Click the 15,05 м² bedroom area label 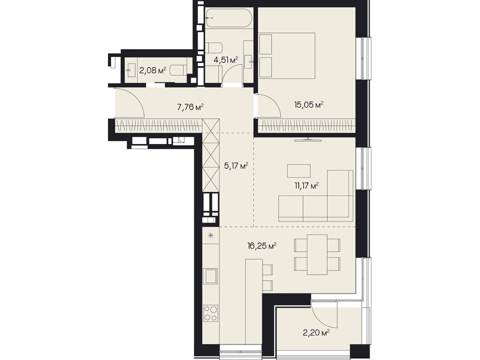(309, 105)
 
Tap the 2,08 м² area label (153, 70)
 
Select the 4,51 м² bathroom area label (226, 60)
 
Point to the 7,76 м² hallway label (190, 107)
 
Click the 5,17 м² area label (236, 166)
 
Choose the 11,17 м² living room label (307, 186)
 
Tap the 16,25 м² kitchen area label (262, 246)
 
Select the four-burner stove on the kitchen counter (211, 313)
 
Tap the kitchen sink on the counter (210, 276)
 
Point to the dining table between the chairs (317, 254)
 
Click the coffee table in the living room (299, 171)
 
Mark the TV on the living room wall (308, 139)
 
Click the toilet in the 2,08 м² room (178, 70)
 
